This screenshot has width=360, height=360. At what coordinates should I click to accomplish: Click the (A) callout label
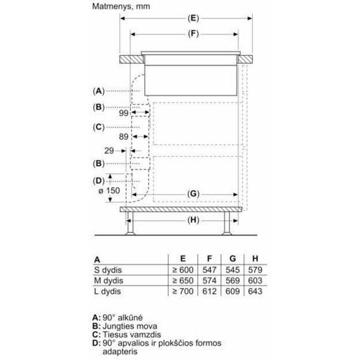click(x=98, y=91)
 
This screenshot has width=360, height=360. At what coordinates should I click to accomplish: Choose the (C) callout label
click(x=98, y=127)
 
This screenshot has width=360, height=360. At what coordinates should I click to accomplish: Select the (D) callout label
click(x=98, y=180)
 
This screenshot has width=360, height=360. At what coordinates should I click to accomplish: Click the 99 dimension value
click(x=123, y=114)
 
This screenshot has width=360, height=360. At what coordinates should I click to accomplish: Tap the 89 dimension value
click(x=123, y=137)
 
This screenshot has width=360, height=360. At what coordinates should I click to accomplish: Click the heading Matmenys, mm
click(x=120, y=6)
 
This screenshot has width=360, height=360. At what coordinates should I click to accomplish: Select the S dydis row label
click(x=109, y=270)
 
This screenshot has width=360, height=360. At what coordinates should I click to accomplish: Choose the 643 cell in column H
click(x=255, y=291)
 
